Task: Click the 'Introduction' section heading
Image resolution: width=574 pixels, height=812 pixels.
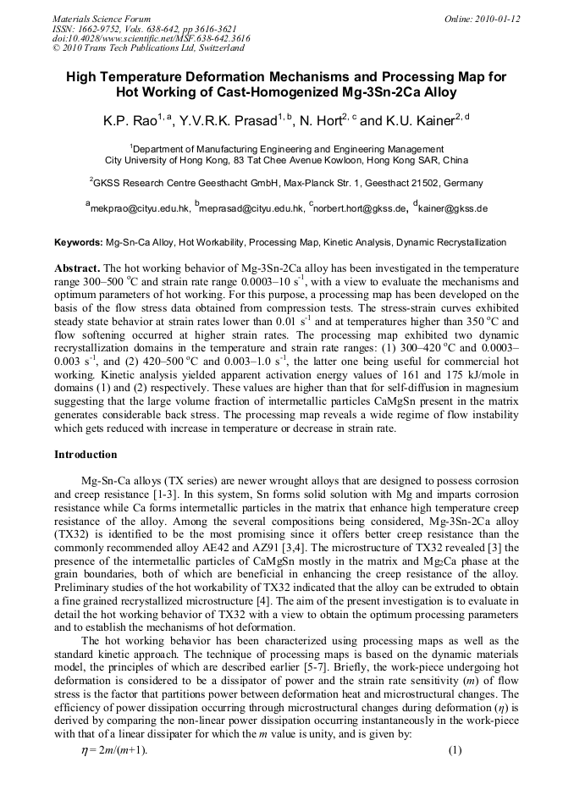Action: point(86,455)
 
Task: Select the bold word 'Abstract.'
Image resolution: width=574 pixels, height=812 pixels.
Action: point(78,268)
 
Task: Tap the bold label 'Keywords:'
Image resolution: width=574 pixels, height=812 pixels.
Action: point(79,242)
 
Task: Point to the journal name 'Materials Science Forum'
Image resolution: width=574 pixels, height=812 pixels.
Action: point(102,19)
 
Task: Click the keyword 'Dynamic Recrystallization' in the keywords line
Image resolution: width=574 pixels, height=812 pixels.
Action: point(450,242)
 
